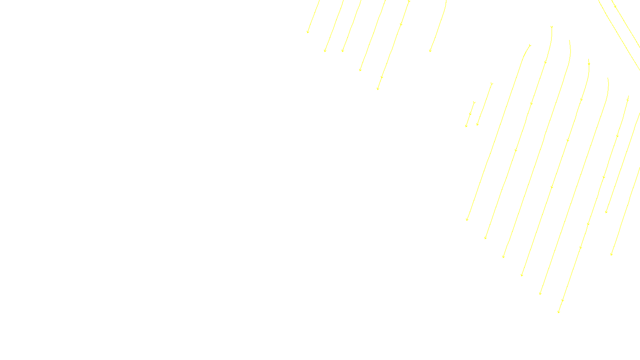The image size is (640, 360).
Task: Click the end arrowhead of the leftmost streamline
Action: pos(308,32)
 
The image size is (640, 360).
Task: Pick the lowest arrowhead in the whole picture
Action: pos(559,311)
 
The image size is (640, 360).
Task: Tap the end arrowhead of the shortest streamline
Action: pos(466,126)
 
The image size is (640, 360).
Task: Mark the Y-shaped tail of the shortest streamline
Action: pos(474,103)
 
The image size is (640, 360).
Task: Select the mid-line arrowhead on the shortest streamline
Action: pos(470,114)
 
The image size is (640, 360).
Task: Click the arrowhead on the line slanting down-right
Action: pos(615,6)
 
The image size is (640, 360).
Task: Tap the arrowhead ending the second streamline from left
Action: pos(325,51)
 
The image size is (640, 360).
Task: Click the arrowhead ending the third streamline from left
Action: pos(343,51)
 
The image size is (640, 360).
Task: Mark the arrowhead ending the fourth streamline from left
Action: pos(360,70)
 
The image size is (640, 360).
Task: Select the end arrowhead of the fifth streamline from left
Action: pos(378,88)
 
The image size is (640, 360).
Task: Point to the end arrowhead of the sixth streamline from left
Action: pos(430,51)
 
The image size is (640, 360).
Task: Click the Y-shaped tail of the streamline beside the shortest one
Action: pos(492,84)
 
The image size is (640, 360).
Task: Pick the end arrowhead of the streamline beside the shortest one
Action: pos(478,124)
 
